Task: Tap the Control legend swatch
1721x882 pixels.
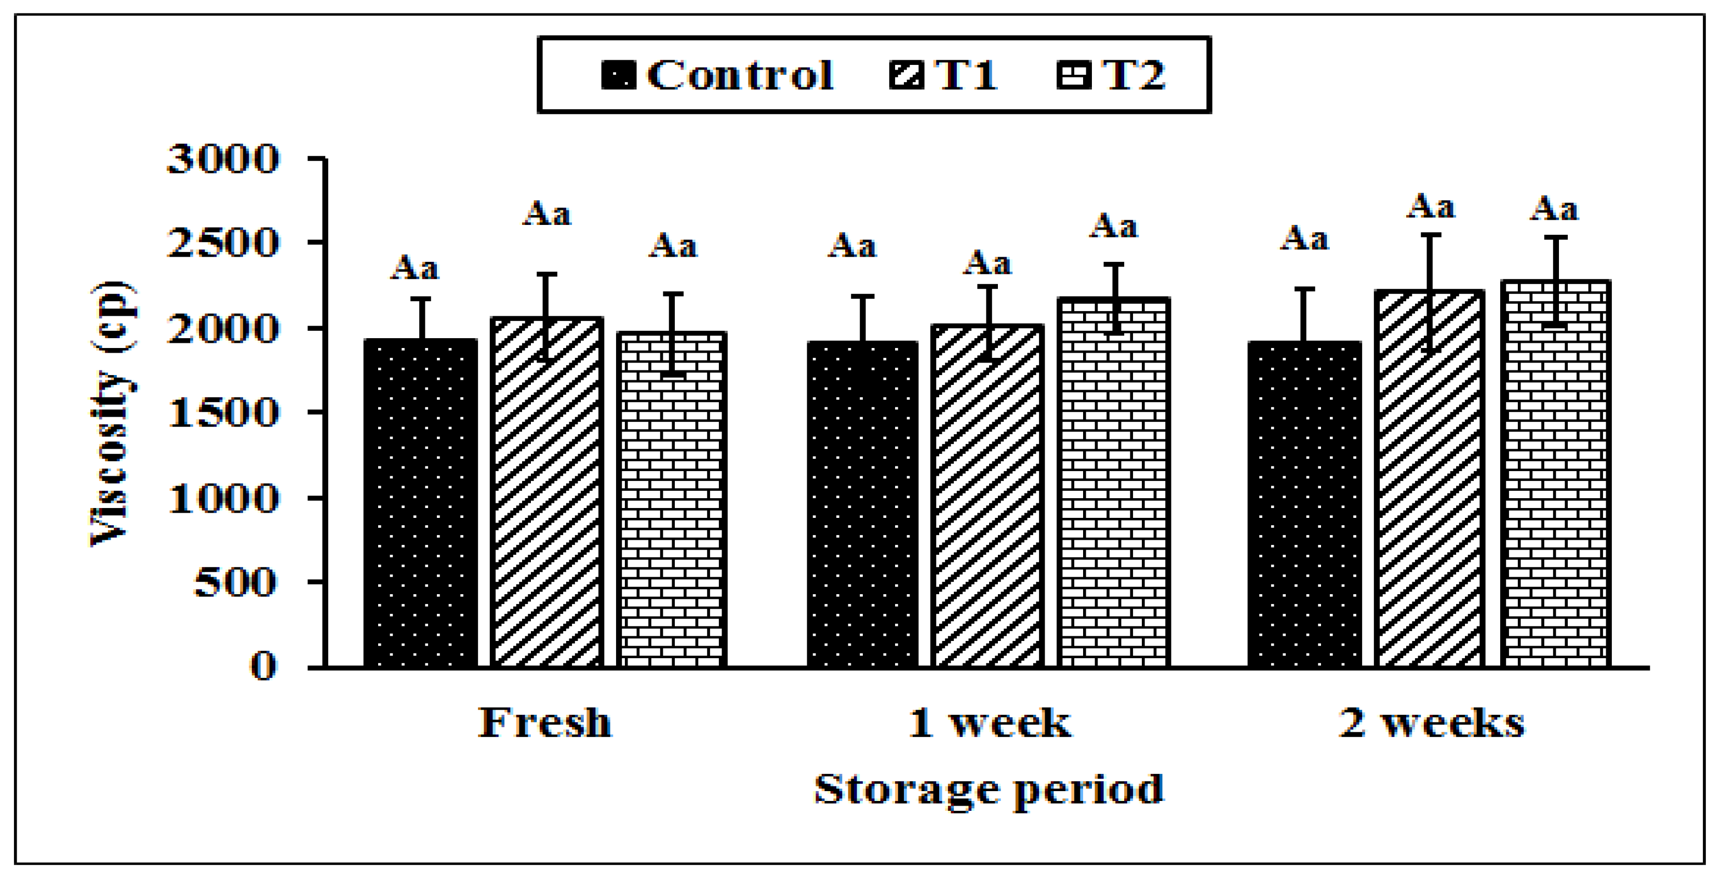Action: [618, 74]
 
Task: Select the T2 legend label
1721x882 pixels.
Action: [1134, 74]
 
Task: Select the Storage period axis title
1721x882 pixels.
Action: [989, 789]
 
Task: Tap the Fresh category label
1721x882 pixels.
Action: [544, 723]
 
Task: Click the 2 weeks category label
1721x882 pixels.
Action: [1432, 723]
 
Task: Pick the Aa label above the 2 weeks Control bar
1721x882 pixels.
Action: [1304, 238]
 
